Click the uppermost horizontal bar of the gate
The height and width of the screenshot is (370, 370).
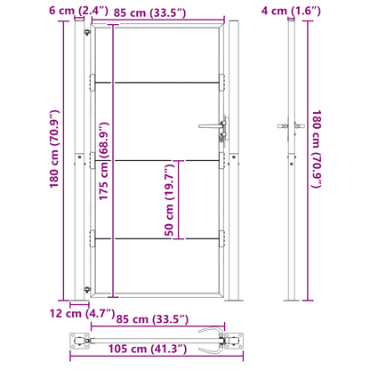pyautogui.click(x=157, y=84)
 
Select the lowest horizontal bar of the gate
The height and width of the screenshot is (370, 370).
pyautogui.click(x=157, y=238)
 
